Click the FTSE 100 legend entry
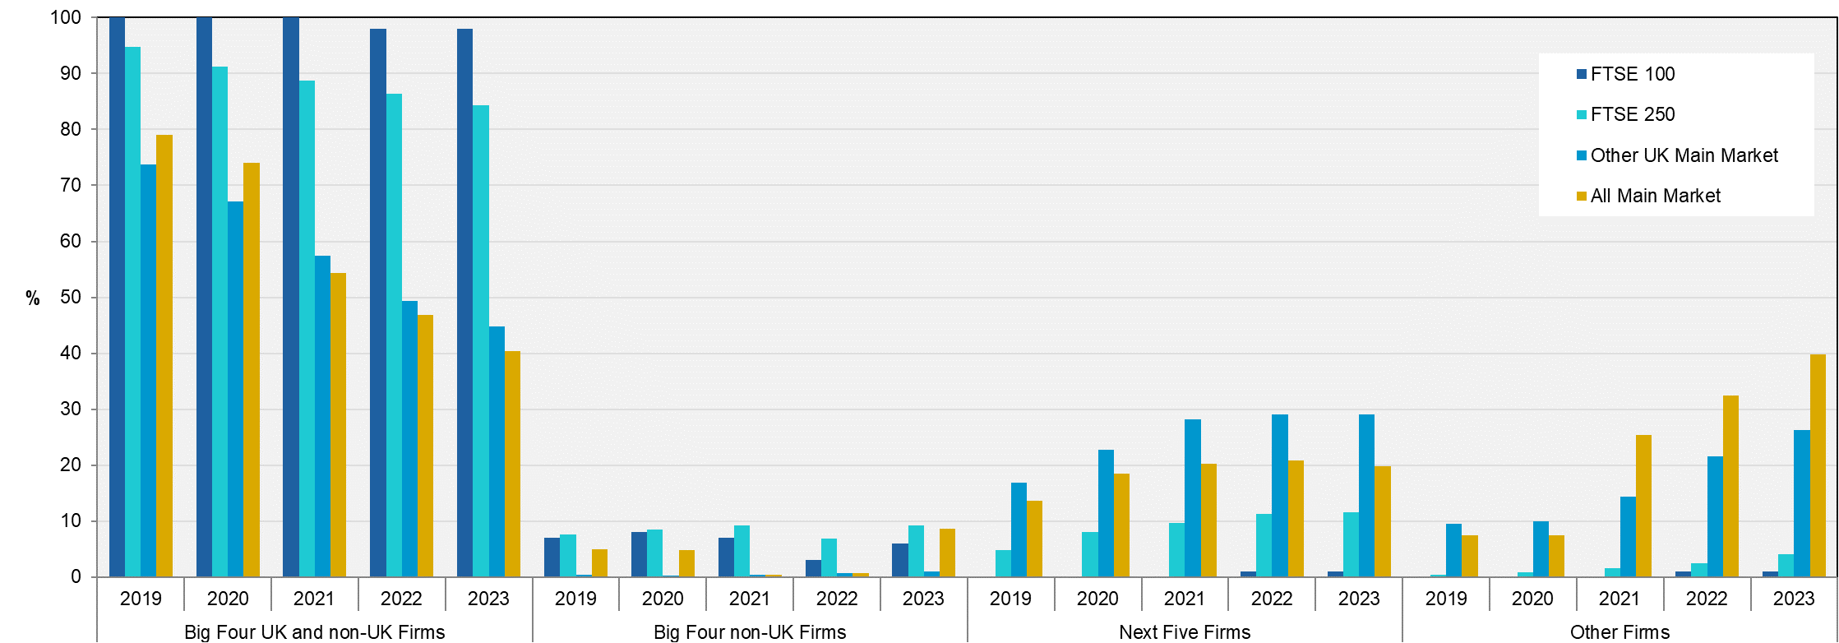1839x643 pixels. pyautogui.click(x=1631, y=74)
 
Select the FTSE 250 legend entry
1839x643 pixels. pyautogui.click(x=1631, y=114)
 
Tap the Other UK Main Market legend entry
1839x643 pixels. pyautogui.click(x=1683, y=155)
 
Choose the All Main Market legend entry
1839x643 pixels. pyautogui.click(x=1654, y=196)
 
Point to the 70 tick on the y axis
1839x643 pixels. pyautogui.click(x=71, y=185)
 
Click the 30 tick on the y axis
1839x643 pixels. pyautogui.click(x=71, y=409)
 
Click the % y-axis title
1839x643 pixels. pyautogui.click(x=33, y=298)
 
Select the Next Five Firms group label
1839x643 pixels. pyautogui.click(x=1185, y=631)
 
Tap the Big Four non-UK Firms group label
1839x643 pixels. pyautogui.click(x=750, y=631)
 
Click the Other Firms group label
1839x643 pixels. pyautogui.click(x=1620, y=631)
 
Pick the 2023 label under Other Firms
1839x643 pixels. pyautogui.click(x=1794, y=599)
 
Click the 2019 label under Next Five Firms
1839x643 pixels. pyautogui.click(x=1010, y=599)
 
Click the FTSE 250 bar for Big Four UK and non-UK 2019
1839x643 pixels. pyautogui.click(x=132, y=312)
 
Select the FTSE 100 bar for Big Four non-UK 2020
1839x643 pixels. pyautogui.click(x=639, y=554)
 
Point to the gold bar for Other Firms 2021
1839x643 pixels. pyautogui.click(x=1643, y=506)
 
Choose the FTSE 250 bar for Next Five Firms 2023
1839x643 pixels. pyautogui.click(x=1351, y=544)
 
